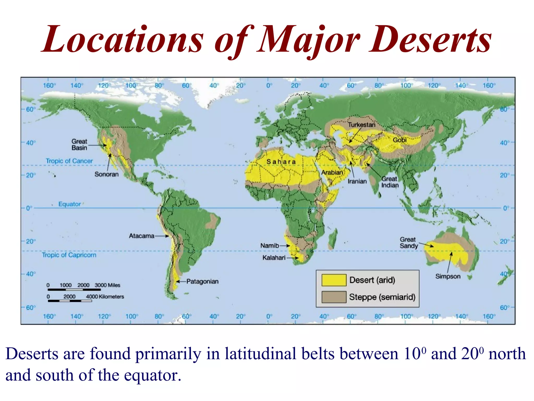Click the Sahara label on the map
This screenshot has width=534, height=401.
[x=281, y=162]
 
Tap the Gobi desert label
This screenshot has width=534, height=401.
[x=399, y=140]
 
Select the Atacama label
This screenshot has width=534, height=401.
[x=142, y=236]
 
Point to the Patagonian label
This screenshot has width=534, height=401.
[x=202, y=281]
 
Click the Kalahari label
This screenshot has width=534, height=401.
[x=274, y=258]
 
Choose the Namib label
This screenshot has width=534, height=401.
[x=270, y=246]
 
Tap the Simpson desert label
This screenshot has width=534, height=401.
[x=448, y=276]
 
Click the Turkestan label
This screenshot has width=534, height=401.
[x=362, y=125]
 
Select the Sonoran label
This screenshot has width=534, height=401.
[x=106, y=174]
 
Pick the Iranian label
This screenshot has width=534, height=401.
[x=357, y=181]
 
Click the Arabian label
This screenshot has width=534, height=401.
[x=332, y=172]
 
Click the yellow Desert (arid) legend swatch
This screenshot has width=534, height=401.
[x=334, y=280]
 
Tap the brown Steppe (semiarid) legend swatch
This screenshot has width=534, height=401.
[x=334, y=297]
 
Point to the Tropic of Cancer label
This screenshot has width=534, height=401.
[x=69, y=161]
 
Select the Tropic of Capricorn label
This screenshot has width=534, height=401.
[x=69, y=255]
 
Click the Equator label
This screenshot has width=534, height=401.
[x=69, y=204]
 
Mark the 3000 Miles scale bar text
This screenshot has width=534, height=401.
[x=107, y=285]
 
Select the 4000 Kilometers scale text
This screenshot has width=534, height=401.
[x=105, y=297]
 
